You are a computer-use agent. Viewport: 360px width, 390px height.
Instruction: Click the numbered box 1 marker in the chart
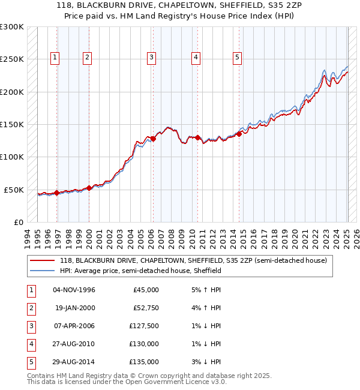coord(55,58)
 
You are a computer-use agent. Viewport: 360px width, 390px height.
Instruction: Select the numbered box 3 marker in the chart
coord(151,58)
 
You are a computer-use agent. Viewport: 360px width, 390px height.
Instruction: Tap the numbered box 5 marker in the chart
coord(238,58)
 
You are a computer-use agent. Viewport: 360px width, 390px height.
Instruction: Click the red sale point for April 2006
coord(153,139)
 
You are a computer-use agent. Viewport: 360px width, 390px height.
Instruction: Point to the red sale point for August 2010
coord(198,137)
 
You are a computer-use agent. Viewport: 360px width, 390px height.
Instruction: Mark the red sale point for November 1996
coord(57,193)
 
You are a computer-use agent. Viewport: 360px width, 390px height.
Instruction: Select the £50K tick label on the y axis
coord(14,190)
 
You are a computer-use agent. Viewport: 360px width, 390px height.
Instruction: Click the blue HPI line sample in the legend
coord(43,271)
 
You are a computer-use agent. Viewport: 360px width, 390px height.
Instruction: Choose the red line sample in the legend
coord(43,260)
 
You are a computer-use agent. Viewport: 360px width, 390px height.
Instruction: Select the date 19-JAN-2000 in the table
coord(74,307)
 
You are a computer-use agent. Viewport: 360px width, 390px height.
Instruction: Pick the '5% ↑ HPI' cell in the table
coord(205,289)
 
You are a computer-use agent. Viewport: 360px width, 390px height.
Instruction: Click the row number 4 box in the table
coord(30,343)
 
